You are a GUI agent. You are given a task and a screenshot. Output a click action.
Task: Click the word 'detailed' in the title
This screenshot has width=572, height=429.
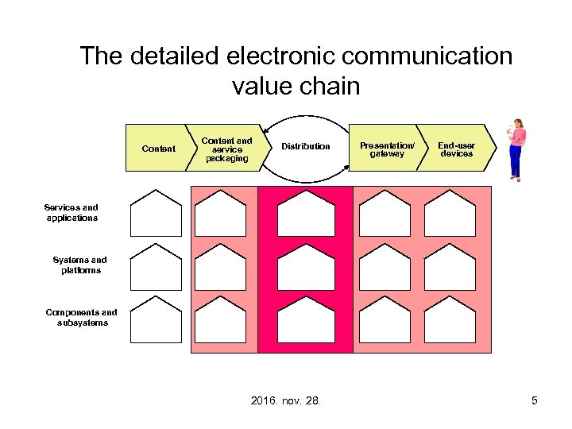tap(170, 56)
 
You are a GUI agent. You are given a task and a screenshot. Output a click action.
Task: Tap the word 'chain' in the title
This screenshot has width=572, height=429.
tap(327, 85)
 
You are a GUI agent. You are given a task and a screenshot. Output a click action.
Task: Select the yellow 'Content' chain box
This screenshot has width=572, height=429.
tap(158, 149)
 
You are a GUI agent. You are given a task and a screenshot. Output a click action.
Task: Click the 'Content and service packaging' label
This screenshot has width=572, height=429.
tap(226, 149)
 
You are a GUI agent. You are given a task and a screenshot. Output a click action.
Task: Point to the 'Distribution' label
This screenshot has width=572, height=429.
tap(306, 146)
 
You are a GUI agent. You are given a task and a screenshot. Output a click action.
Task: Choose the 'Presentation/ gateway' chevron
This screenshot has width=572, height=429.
tap(387, 149)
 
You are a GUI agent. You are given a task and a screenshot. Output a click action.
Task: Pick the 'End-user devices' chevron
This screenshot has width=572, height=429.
tap(456, 149)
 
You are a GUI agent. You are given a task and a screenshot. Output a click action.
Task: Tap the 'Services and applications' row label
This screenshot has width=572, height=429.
tap(72, 213)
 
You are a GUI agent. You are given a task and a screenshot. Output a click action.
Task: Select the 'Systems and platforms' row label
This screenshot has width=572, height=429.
tap(79, 265)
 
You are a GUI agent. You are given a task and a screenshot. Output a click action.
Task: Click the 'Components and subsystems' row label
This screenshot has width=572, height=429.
tap(81, 318)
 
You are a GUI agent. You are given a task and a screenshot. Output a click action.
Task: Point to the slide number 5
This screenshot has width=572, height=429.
tap(535, 400)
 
